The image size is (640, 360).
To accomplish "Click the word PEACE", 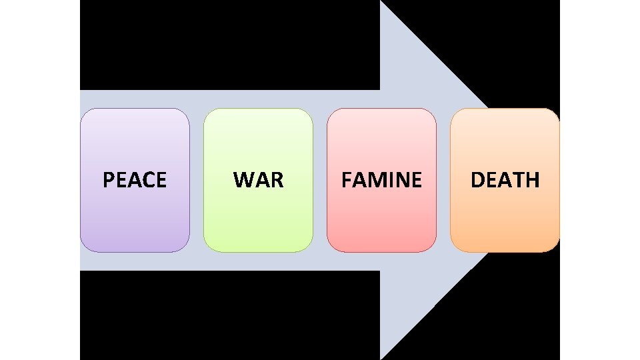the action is (135, 180).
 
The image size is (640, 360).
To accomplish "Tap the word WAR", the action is (258, 180).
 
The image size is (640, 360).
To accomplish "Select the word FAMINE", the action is (381, 180).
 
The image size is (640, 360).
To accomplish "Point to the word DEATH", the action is (505, 180).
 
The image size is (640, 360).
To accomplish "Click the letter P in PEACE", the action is (108, 180).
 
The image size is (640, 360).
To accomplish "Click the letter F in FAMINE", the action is (346, 180).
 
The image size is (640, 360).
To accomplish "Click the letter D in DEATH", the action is (478, 180).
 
